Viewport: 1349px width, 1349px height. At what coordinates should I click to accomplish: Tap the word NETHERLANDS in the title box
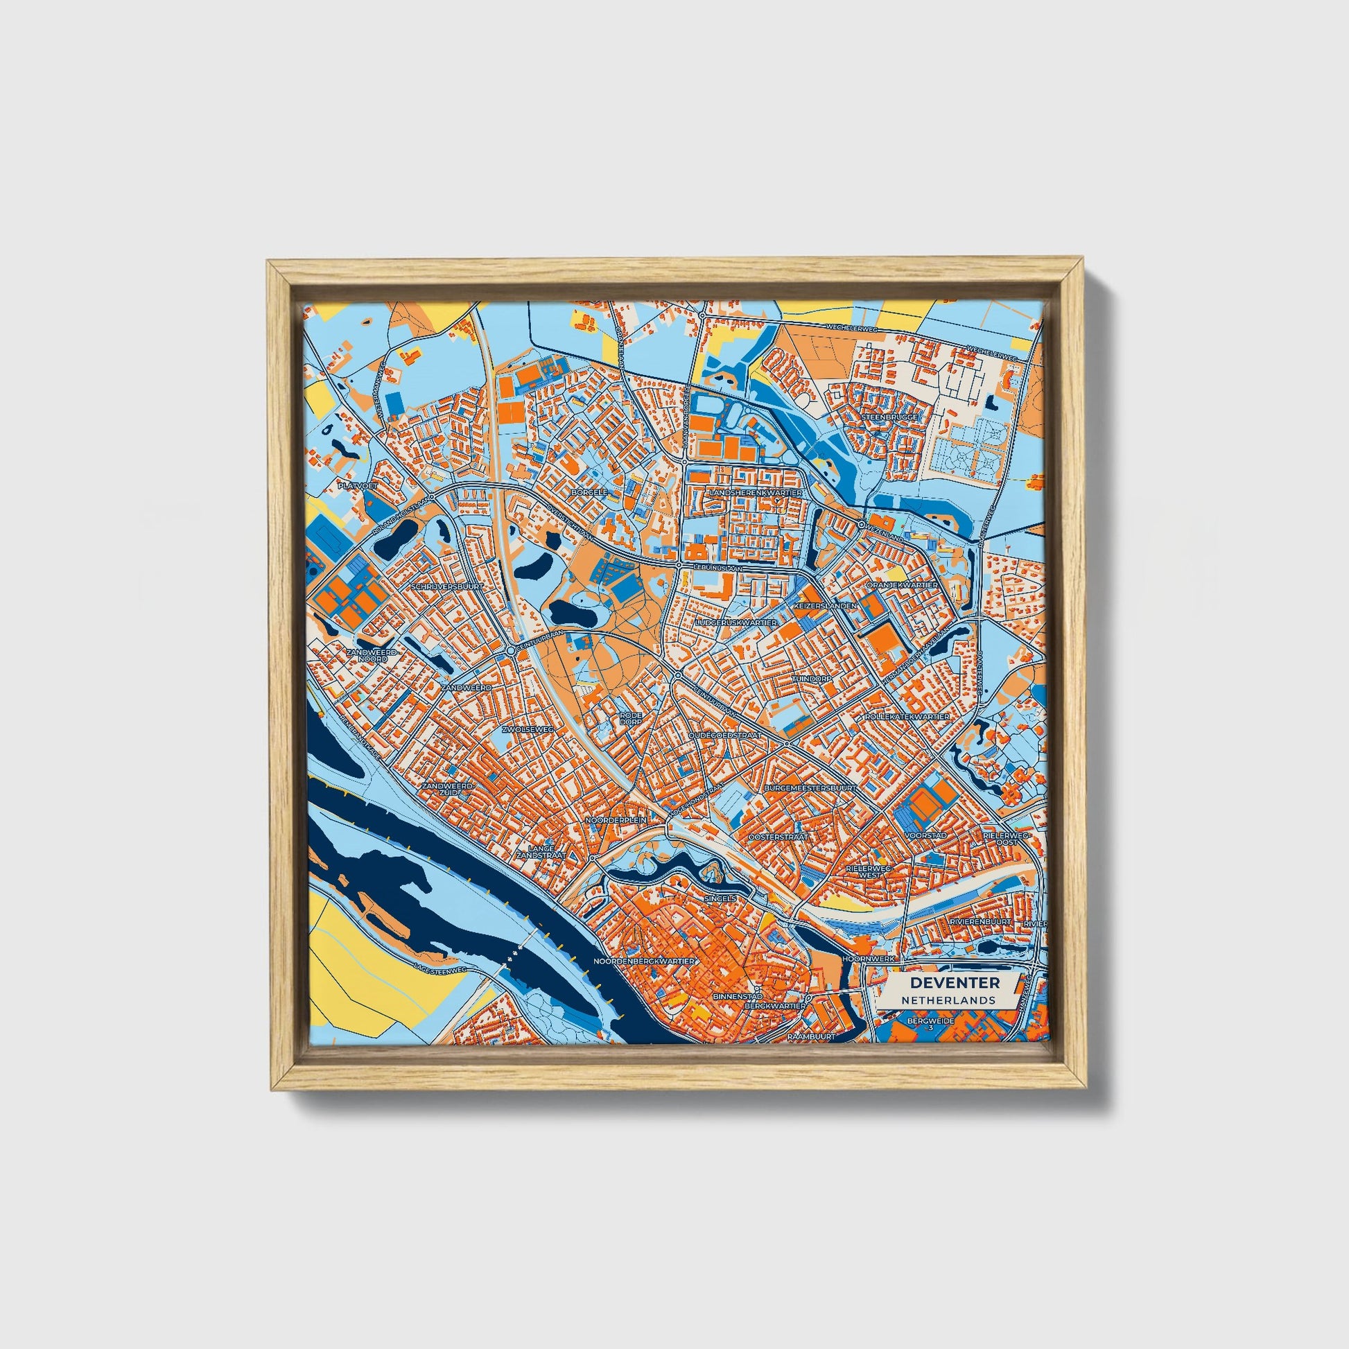948,1000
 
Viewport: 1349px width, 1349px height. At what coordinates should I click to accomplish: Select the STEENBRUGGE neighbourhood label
889,417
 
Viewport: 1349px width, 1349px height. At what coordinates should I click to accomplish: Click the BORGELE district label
590,491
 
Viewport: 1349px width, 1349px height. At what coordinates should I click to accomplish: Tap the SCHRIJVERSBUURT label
448,587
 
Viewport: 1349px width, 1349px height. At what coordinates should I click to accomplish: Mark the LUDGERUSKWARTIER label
737,621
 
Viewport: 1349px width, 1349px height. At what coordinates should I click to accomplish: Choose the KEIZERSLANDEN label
825,606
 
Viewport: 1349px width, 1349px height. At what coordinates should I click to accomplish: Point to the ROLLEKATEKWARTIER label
906,717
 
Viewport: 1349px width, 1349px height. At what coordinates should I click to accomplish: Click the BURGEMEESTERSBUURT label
810,787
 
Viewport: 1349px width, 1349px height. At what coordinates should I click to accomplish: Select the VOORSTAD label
925,835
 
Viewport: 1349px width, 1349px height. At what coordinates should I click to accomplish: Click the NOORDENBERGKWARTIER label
644,961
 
